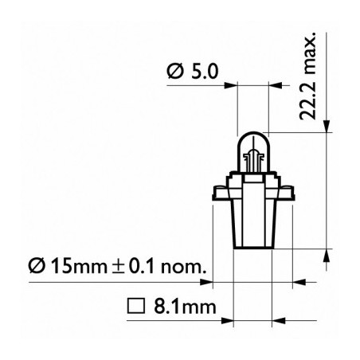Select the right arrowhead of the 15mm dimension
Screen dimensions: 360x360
pyautogui.click(x=299, y=281)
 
